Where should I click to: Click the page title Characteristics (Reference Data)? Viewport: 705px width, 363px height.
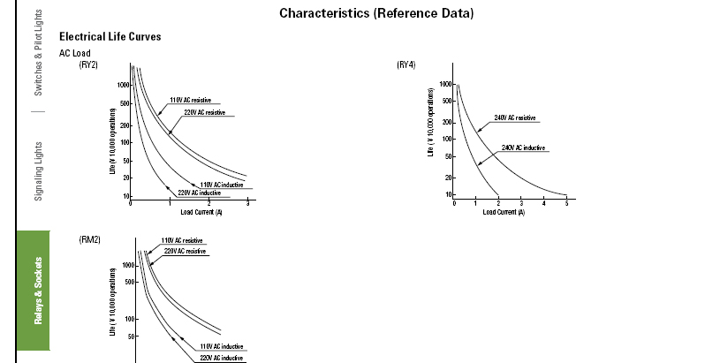click(375, 13)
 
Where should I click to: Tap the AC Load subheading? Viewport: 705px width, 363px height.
click(75, 53)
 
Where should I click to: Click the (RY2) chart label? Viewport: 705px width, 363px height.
click(88, 64)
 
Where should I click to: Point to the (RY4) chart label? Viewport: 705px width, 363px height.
click(406, 64)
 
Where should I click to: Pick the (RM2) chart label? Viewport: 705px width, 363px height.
click(89, 240)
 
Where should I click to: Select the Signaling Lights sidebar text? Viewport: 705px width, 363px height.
click(39, 170)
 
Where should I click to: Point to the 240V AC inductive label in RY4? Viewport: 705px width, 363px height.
click(523, 147)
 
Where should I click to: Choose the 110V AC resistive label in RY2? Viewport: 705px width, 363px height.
click(189, 101)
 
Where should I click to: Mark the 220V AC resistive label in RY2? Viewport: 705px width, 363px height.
click(204, 113)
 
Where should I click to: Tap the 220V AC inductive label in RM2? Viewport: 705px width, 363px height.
click(221, 358)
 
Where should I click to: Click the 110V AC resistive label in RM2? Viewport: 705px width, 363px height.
click(182, 240)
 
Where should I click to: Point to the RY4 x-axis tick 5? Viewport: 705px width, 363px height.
click(566, 204)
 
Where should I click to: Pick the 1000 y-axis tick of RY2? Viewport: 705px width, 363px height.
click(124, 84)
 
